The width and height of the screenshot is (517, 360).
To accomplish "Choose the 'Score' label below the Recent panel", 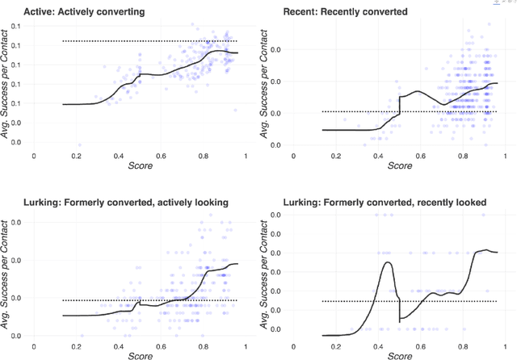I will [x=400, y=165].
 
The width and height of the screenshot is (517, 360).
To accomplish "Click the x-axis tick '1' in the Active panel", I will [x=246, y=156].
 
